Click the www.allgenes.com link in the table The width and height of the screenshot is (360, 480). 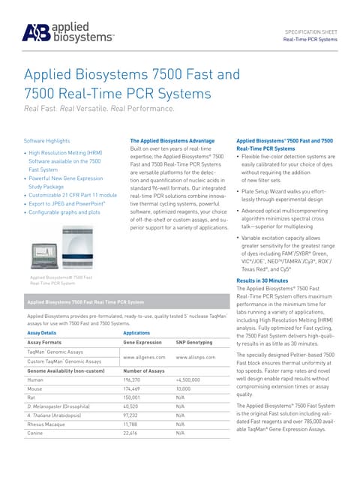138,358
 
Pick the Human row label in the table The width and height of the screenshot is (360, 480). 35,380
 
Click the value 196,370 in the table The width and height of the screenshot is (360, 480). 133,380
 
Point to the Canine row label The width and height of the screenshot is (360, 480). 37,433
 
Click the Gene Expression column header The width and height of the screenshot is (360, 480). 142,341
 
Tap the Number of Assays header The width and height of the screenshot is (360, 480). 143,370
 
